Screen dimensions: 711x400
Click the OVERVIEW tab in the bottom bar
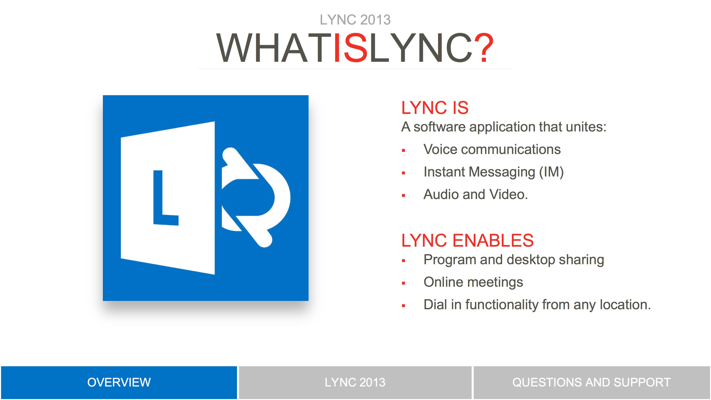coord(119,382)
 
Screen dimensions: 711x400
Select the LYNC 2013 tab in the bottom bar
coord(355,382)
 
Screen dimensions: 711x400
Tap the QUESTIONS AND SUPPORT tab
coord(592,382)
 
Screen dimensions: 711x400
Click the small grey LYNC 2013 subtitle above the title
coord(355,20)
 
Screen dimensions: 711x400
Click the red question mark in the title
coord(483,47)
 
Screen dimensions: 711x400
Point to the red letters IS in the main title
coord(351,47)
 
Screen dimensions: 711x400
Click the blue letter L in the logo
coord(165,198)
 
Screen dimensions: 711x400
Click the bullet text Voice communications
coord(492,149)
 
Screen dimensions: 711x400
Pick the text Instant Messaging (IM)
coord(493,172)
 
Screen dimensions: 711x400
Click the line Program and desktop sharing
coord(514,260)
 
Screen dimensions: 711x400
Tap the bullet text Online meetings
coord(473,282)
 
